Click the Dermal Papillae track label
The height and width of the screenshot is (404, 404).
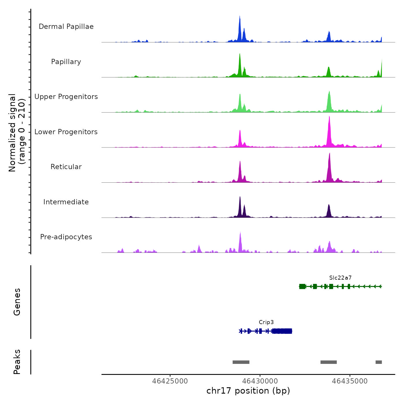click(66, 27)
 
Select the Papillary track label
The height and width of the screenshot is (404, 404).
click(66, 62)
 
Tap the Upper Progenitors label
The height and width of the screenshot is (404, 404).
click(66, 97)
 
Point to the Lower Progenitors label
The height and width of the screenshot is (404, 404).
click(66, 132)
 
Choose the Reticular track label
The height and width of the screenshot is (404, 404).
click(66, 167)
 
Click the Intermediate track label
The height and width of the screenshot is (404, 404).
click(66, 202)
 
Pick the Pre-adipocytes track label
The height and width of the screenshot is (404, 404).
click(66, 237)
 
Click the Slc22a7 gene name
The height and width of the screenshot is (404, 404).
click(340, 278)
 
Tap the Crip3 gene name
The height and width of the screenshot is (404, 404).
click(266, 322)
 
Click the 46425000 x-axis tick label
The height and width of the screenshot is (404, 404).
click(170, 381)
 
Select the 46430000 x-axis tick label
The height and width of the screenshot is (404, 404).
click(260, 381)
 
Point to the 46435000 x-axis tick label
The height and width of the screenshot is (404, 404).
click(350, 381)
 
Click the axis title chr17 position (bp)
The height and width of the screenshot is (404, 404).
click(248, 391)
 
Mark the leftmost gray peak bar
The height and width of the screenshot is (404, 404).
click(241, 362)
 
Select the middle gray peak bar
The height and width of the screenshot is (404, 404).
click(328, 362)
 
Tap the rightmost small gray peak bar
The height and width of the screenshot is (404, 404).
click(379, 362)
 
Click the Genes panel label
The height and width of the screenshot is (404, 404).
click(17, 302)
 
